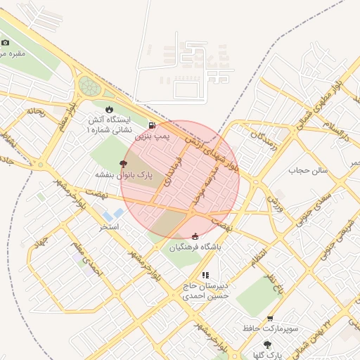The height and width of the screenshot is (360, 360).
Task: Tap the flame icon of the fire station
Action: point(109,109)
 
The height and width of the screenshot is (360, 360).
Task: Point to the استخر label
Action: point(109,226)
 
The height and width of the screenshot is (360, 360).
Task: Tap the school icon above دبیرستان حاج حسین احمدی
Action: point(205,276)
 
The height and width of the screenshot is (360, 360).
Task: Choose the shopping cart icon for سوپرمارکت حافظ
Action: point(270,319)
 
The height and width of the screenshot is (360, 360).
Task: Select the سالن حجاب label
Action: point(308,170)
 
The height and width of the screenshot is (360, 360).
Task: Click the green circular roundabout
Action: point(89,86)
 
